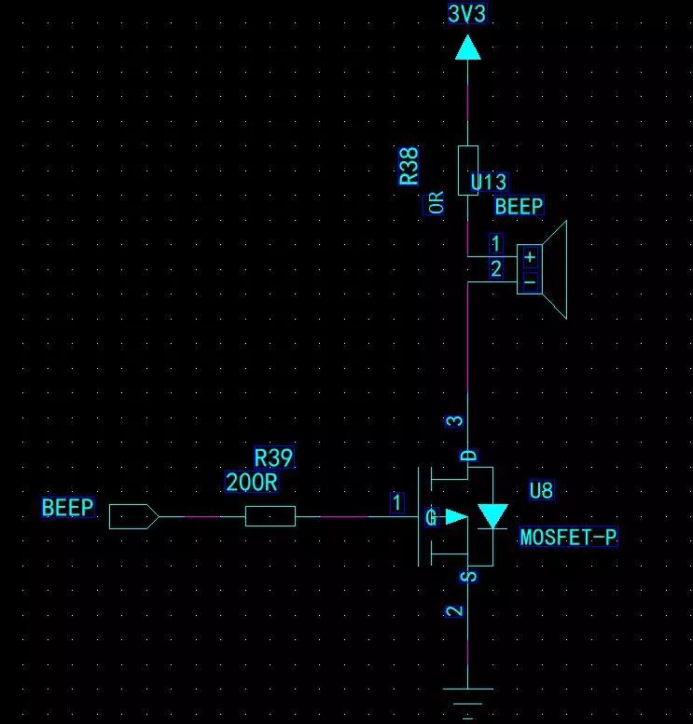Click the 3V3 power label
467,13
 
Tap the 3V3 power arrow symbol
468,48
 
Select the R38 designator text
409,166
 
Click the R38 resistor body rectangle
468,171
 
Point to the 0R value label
436,202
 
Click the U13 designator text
488,182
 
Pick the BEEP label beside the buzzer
519,207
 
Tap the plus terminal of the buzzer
531,257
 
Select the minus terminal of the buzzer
531,281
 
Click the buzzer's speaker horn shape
555,270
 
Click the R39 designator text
273,458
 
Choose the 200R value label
252,483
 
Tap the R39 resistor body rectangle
270,516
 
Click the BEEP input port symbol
134,517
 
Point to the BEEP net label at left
68,508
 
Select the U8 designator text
541,490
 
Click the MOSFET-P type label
568,538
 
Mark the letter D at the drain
469,457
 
